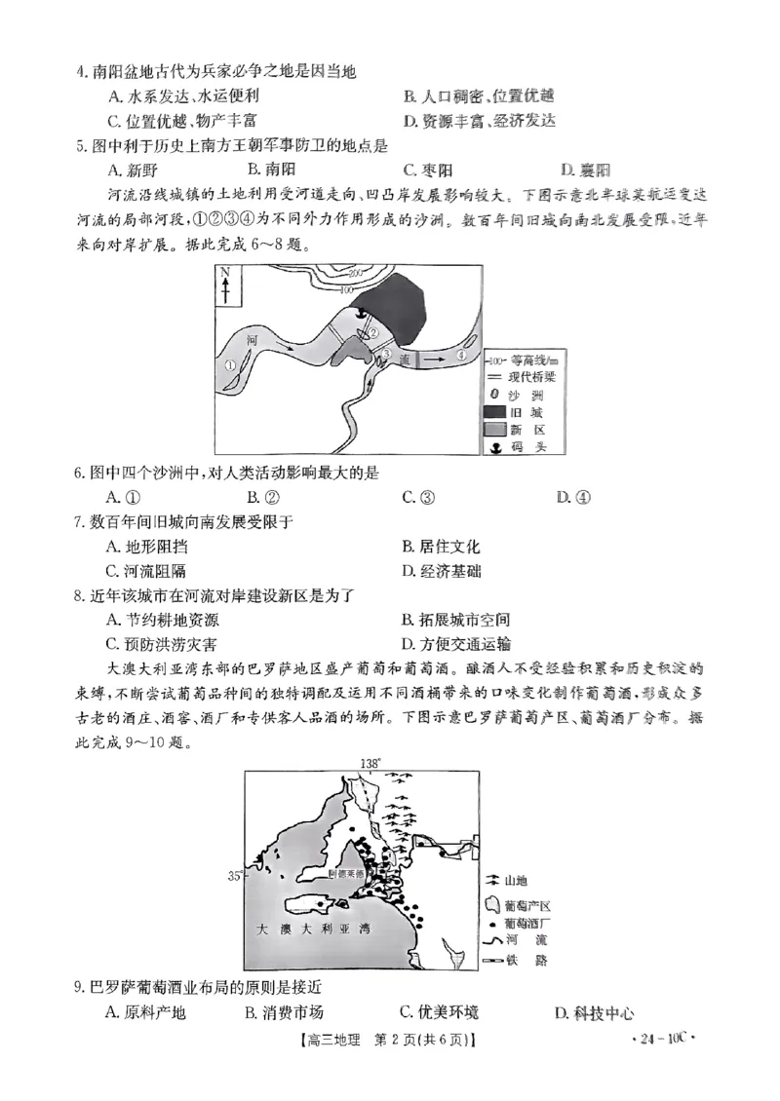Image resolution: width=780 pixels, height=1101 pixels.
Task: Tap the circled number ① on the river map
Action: pyautogui.click(x=230, y=364)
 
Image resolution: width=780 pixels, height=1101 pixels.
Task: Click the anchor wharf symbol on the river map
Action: pyautogui.click(x=361, y=314)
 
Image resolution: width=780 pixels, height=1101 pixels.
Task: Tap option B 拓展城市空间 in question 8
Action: pyautogui.click(x=455, y=620)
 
